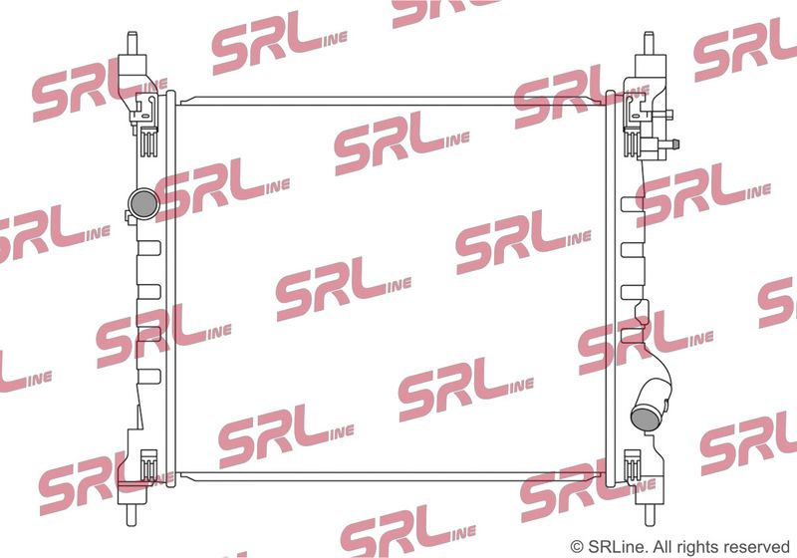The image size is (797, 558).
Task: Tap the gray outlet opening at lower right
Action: pyautogui.click(x=645, y=417)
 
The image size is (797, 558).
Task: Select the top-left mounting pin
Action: pyautogui.click(x=133, y=44)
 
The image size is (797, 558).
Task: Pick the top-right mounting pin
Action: pyautogui.click(x=650, y=44)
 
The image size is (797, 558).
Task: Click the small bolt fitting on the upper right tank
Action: pyautogui.click(x=668, y=143)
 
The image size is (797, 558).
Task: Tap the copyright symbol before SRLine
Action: pyautogui.click(x=577, y=547)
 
